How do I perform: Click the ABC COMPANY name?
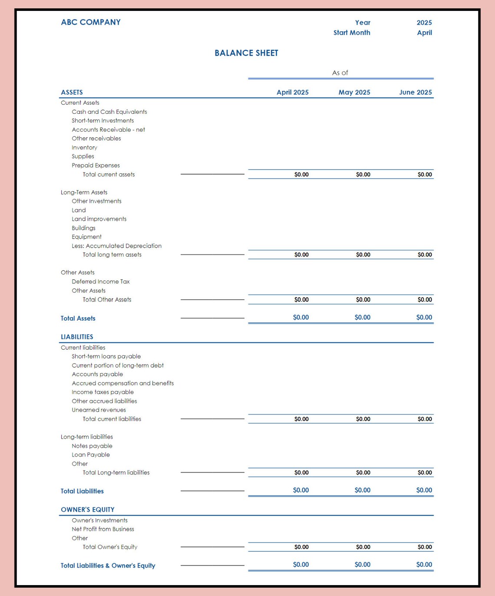[91, 22]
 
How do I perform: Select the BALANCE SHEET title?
[246, 53]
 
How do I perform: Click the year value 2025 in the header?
[424, 23]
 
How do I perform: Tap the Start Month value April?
[424, 33]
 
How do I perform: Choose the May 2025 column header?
[354, 92]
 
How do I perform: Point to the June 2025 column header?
[415, 92]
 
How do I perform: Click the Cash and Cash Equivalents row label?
[109, 112]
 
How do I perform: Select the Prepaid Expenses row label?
[96, 165]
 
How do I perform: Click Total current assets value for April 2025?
[301, 174]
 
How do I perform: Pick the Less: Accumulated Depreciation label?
[116, 245]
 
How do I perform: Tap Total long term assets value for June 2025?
[424, 255]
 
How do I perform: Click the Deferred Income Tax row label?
[100, 281]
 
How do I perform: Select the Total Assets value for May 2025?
[362, 318]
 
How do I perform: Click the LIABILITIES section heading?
[77, 337]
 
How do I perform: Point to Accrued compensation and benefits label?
[122, 383]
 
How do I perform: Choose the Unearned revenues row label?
[99, 410]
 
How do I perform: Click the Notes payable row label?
[92, 446]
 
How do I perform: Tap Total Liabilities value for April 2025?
[300, 490]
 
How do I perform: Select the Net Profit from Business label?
[102, 529]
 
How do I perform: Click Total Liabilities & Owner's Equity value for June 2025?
[424, 565]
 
